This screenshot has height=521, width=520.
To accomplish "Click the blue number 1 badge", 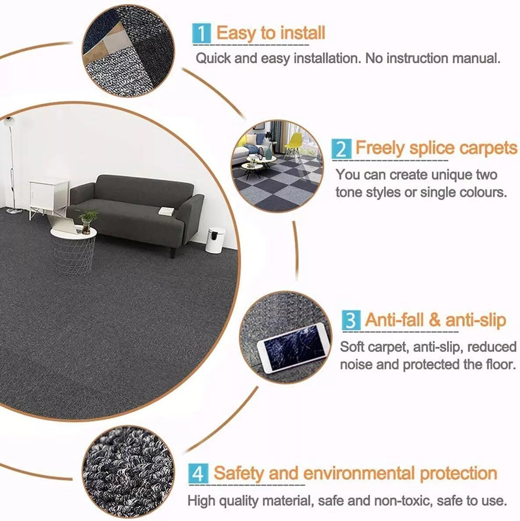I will [201, 34].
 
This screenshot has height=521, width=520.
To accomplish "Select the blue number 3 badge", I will [351, 320].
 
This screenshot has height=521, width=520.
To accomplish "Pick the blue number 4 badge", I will [198, 474].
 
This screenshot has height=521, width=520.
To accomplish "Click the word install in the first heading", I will [302, 33].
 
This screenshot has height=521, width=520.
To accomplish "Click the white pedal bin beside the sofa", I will [215, 240].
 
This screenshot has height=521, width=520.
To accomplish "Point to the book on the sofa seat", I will [166, 211].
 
